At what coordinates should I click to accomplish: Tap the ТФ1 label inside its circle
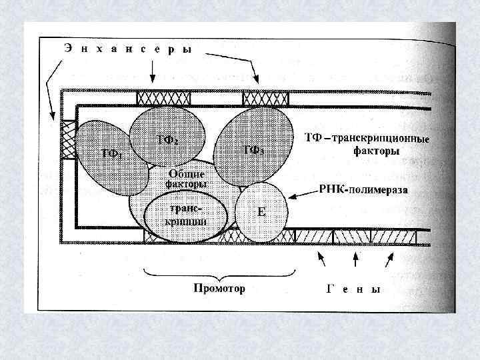coord(110,153)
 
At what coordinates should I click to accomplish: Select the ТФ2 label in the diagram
coord(167,139)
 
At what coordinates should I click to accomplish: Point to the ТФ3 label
coord(253,150)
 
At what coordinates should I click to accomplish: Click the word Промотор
coord(219,289)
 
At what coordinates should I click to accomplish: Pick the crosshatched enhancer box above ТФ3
coord(265,99)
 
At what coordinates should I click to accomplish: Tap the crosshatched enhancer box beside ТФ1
coord(68,139)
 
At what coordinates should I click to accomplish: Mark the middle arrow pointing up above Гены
coord(354,259)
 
